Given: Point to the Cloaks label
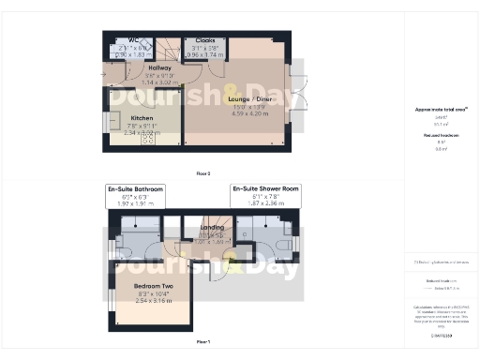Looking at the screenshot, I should tap(203, 40).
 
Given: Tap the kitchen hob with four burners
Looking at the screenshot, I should tap(148, 138).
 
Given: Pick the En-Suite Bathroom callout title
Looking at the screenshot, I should tap(136, 189).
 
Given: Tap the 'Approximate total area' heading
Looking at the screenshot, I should tap(441, 110).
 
